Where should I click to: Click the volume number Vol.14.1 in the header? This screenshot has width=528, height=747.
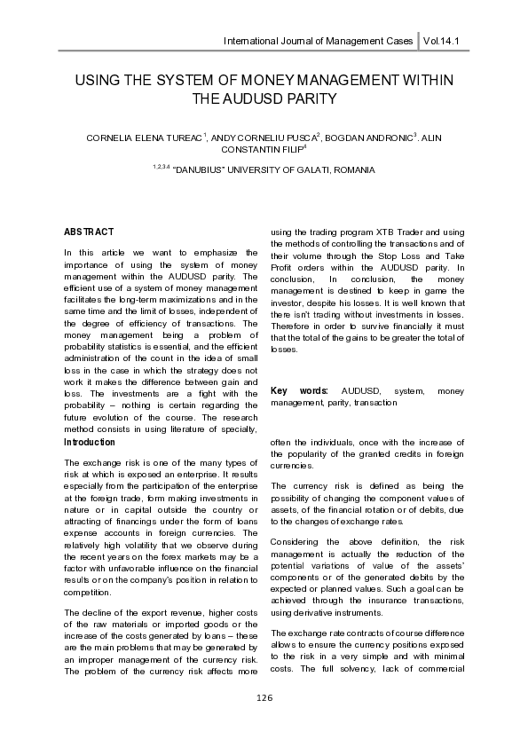(448, 42)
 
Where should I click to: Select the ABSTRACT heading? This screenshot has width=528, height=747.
(89, 232)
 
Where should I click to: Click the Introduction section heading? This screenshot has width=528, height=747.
(90, 442)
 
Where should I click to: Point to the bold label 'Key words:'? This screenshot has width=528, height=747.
(299, 390)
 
